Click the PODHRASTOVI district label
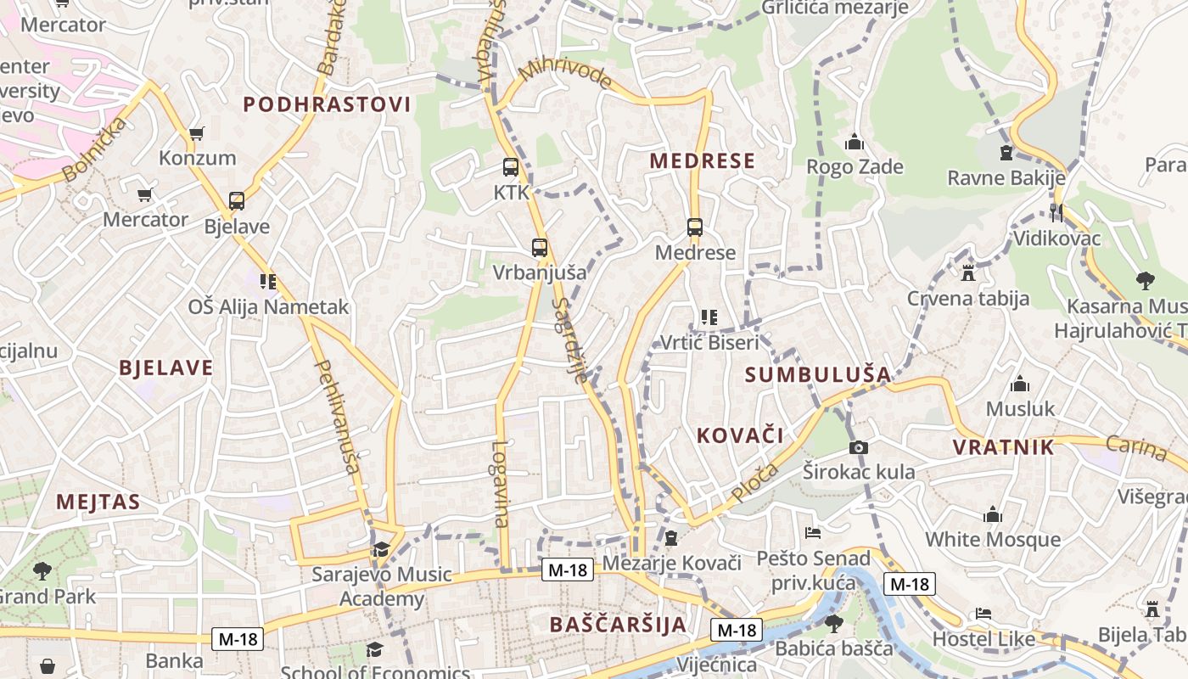tap(327, 104)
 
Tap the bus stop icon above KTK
tap(510, 167)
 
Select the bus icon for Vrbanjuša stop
tap(540, 248)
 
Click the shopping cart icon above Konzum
tap(197, 133)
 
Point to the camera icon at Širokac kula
tap(859, 447)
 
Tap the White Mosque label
tap(992, 539)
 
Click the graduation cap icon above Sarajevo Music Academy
tap(381, 549)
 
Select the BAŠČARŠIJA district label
tap(618, 625)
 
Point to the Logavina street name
tap(501, 484)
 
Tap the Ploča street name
tap(753, 482)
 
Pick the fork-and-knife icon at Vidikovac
tap(1056, 212)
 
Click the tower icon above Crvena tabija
tap(968, 273)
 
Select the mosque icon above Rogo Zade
tap(855, 142)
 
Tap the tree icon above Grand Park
tap(42, 571)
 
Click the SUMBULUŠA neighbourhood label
tap(818, 374)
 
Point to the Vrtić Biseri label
tap(709, 343)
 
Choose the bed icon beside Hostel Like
tap(983, 613)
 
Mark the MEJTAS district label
tap(98, 502)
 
